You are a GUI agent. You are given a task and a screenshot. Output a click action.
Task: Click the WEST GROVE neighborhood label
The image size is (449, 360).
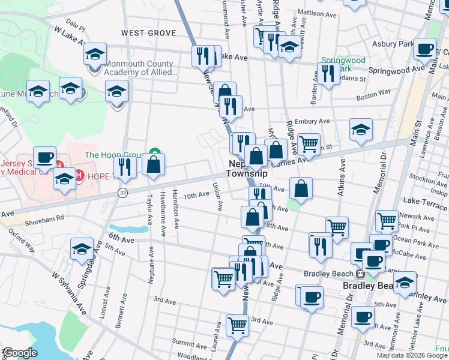(148, 33)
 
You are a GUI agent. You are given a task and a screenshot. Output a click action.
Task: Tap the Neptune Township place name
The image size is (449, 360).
(246, 168)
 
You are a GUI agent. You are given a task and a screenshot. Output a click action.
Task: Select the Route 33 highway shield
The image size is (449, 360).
(122, 193)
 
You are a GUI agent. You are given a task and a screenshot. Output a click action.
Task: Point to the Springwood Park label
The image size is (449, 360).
(343, 64)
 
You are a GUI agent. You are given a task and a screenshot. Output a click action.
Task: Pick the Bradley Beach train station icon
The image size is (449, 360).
(360, 274)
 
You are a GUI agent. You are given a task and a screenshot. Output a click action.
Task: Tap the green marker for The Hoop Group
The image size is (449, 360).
(154, 154)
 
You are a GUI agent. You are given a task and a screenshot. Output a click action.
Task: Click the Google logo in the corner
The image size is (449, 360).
(20, 353)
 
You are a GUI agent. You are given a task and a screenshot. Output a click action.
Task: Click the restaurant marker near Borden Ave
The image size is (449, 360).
(328, 73)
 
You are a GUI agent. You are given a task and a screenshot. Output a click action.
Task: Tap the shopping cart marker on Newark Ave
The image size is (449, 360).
(387, 220)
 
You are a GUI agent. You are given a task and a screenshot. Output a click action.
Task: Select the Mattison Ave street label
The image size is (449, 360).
(316, 13)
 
